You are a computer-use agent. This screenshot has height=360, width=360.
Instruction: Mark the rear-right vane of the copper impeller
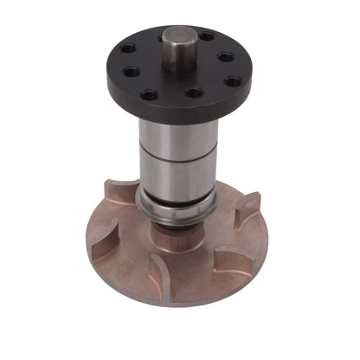tap(247, 208)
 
